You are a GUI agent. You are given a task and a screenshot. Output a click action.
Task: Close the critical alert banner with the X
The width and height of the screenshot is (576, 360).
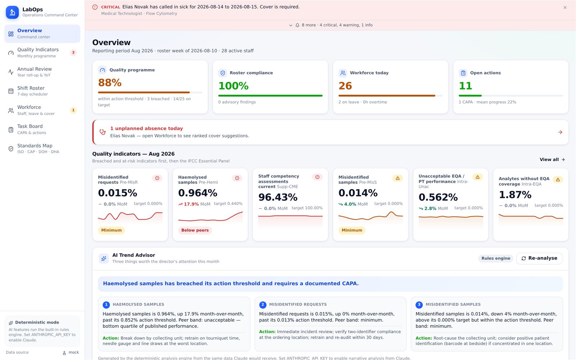point(565,8)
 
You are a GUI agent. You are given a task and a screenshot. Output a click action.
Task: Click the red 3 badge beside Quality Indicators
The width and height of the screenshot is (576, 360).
point(73,53)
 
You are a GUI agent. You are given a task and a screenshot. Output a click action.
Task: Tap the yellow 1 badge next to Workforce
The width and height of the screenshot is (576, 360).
point(73,110)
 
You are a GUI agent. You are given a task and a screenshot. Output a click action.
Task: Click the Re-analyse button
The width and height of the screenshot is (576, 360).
point(539,258)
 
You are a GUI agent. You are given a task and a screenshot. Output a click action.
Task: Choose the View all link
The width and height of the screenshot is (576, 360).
point(552,159)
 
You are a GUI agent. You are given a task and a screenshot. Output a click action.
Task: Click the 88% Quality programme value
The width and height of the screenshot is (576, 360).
point(110,83)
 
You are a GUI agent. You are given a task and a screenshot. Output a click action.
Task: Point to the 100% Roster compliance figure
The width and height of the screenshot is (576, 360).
point(233,86)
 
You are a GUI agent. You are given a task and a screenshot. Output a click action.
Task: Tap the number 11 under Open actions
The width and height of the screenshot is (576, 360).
point(465,86)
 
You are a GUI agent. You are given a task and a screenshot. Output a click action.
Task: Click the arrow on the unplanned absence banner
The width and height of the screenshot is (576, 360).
point(560,132)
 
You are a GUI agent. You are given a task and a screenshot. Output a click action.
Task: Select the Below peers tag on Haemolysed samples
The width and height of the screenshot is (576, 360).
point(195,230)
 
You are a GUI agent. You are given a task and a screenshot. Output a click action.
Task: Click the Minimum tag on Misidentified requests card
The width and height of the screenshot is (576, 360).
point(111,230)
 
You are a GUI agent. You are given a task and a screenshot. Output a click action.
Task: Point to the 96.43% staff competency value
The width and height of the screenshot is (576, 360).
point(278,197)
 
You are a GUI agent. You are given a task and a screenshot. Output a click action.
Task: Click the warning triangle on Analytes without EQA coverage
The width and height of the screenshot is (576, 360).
point(558,180)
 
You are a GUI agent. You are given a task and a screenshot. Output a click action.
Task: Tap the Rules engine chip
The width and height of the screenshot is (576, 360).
point(495,258)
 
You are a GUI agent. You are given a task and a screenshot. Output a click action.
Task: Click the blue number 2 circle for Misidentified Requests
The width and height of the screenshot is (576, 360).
point(262,305)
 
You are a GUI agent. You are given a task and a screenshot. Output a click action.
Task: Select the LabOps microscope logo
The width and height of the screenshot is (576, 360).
point(12,12)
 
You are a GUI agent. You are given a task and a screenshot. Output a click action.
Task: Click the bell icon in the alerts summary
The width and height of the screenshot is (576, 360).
point(297,25)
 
